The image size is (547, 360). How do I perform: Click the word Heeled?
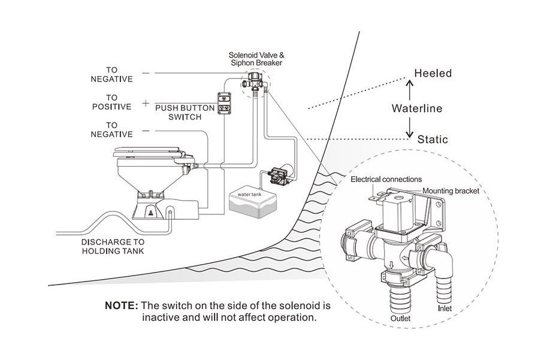(x=433, y=74)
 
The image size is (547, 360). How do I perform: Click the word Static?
(x=433, y=140)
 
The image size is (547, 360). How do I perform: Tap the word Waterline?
(x=417, y=108)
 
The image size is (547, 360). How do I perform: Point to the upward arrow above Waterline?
(x=410, y=88)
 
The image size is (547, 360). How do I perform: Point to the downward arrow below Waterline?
(x=410, y=127)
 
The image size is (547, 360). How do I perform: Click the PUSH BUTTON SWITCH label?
(x=178, y=113)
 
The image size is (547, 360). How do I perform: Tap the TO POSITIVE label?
(x=111, y=102)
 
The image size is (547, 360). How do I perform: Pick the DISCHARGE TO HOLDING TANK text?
(x=113, y=247)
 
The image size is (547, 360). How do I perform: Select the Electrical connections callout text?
(x=386, y=179)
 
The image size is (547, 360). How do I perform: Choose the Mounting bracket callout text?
(x=451, y=192)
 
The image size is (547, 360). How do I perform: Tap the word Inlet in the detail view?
(x=445, y=309)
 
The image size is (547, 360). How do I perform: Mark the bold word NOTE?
(x=122, y=305)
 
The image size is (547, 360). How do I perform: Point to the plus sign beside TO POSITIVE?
(x=146, y=103)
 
